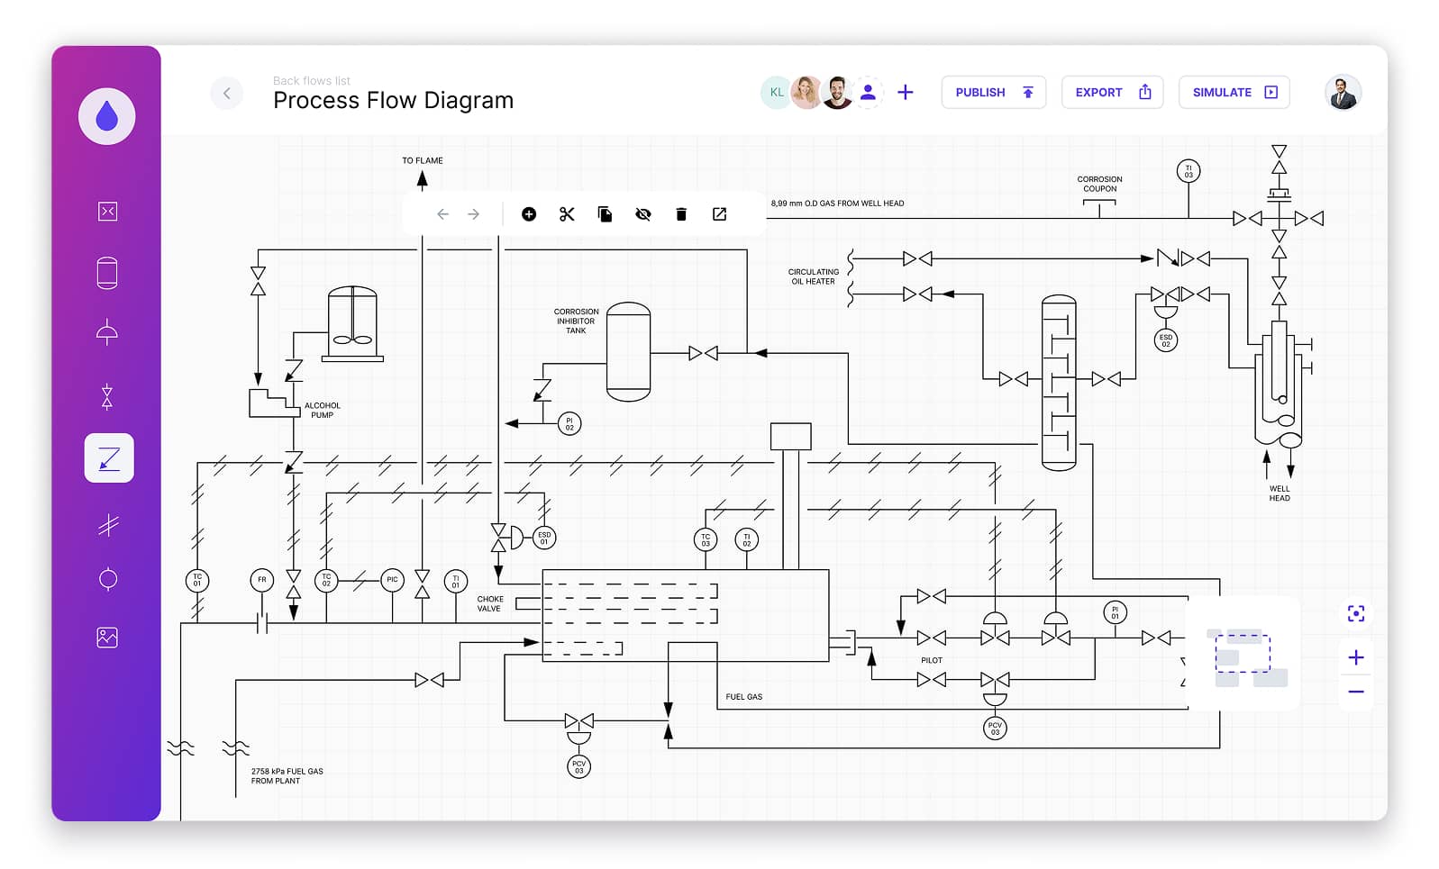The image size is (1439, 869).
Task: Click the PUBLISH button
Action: [x=993, y=92]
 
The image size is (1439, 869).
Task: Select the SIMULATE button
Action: [x=1234, y=92]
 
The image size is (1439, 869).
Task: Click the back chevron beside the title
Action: [x=226, y=93]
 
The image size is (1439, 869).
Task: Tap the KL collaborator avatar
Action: [x=776, y=92]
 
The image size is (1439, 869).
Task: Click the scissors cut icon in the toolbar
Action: [x=567, y=214]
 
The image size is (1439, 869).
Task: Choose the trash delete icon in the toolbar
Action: [x=681, y=214]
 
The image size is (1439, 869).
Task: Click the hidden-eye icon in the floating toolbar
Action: [x=642, y=214]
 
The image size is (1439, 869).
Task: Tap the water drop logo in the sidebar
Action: [x=106, y=116]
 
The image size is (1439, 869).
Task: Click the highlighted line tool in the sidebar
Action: [x=109, y=458]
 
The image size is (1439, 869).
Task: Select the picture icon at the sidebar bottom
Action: [x=107, y=638]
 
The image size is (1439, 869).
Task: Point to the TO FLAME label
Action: [x=423, y=160]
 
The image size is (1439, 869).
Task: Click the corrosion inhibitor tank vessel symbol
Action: [x=628, y=352]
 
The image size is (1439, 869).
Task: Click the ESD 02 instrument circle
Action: [x=1165, y=340]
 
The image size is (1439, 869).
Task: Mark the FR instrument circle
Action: [x=261, y=580]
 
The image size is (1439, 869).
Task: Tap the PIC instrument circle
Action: [x=392, y=580]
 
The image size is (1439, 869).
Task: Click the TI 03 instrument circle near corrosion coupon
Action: [x=1188, y=171]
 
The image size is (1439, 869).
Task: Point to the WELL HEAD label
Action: [x=1279, y=493]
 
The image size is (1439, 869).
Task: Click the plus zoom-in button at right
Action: [x=1355, y=657]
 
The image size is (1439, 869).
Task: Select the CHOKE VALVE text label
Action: [x=490, y=603]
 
